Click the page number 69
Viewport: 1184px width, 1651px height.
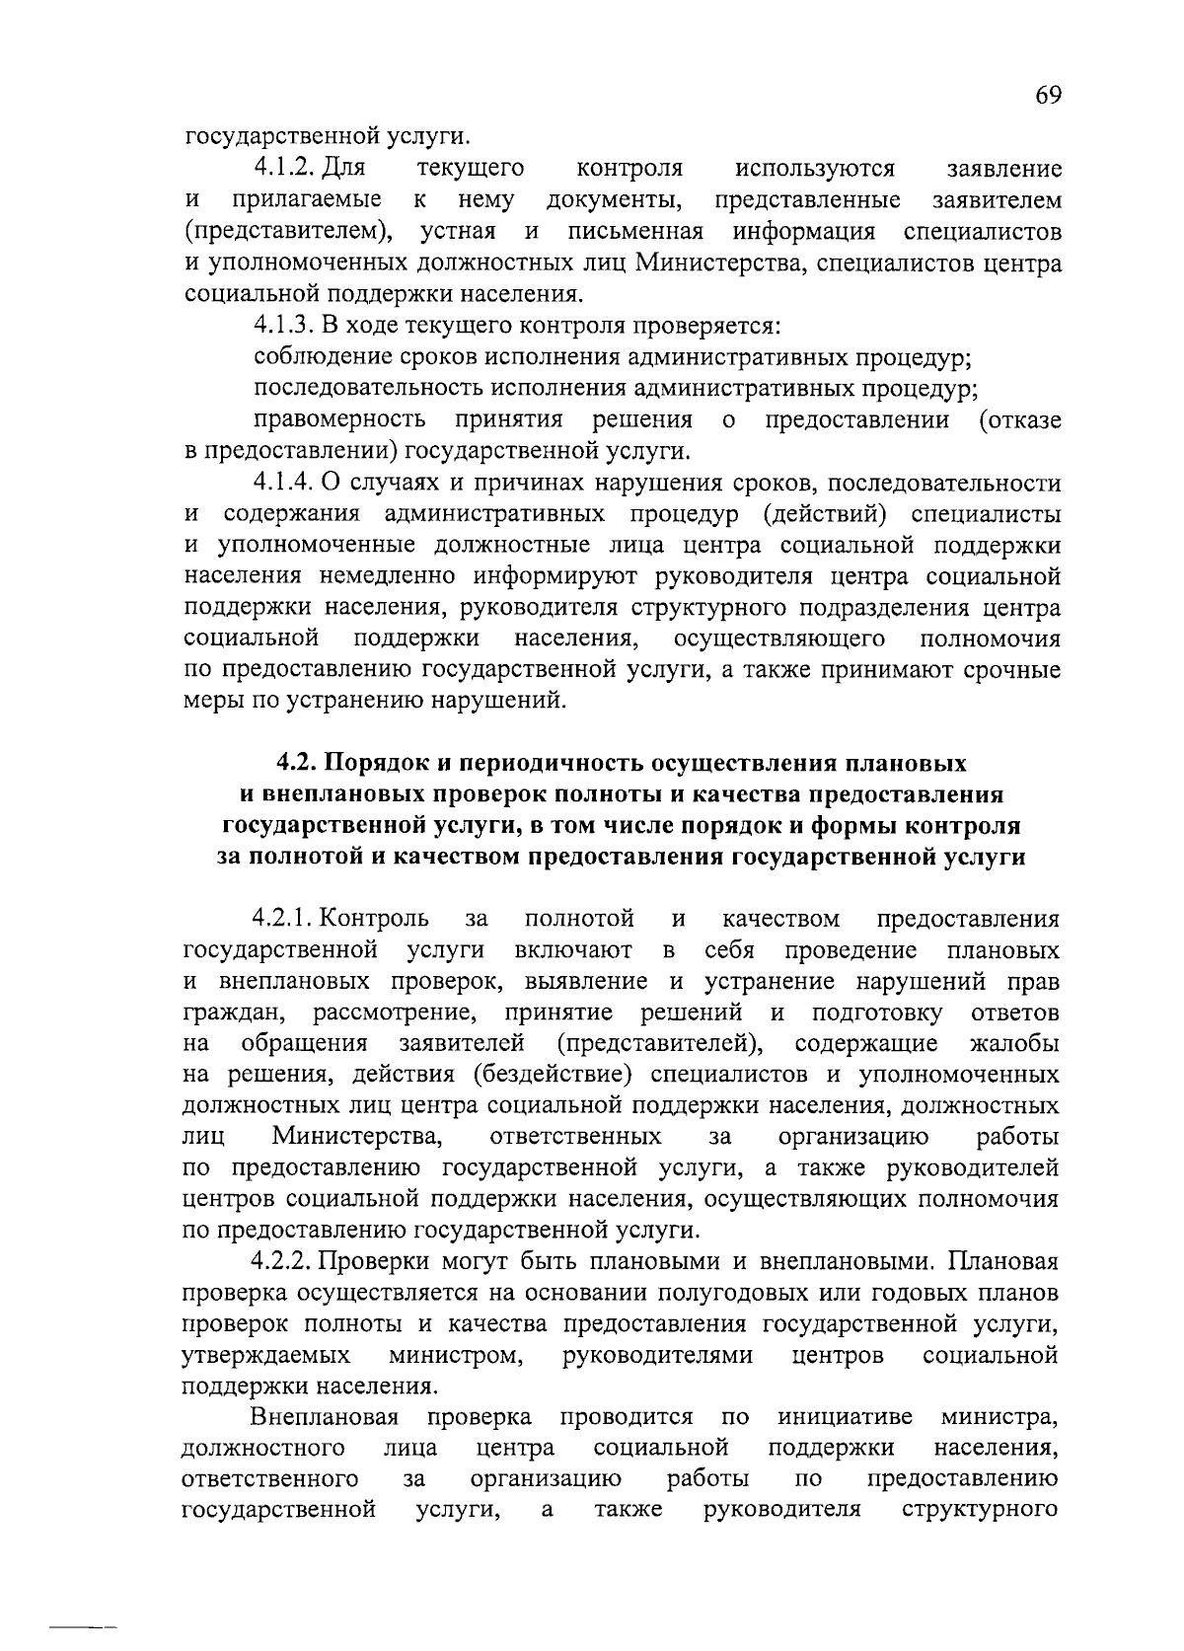pyautogui.click(x=1048, y=96)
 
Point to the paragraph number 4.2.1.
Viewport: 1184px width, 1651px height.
pyautogui.click(x=285, y=920)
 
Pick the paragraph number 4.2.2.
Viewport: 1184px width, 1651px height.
pyautogui.click(x=285, y=1261)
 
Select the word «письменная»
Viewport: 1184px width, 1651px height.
pyautogui.click(x=635, y=232)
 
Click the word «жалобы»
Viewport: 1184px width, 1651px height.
pyautogui.click(x=1015, y=1044)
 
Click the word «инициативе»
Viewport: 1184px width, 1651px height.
pyautogui.click(x=845, y=1418)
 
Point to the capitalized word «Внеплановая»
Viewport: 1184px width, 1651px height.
pyautogui.click(x=325, y=1418)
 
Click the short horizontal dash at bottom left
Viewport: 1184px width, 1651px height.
pyautogui.click(x=85, y=1623)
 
